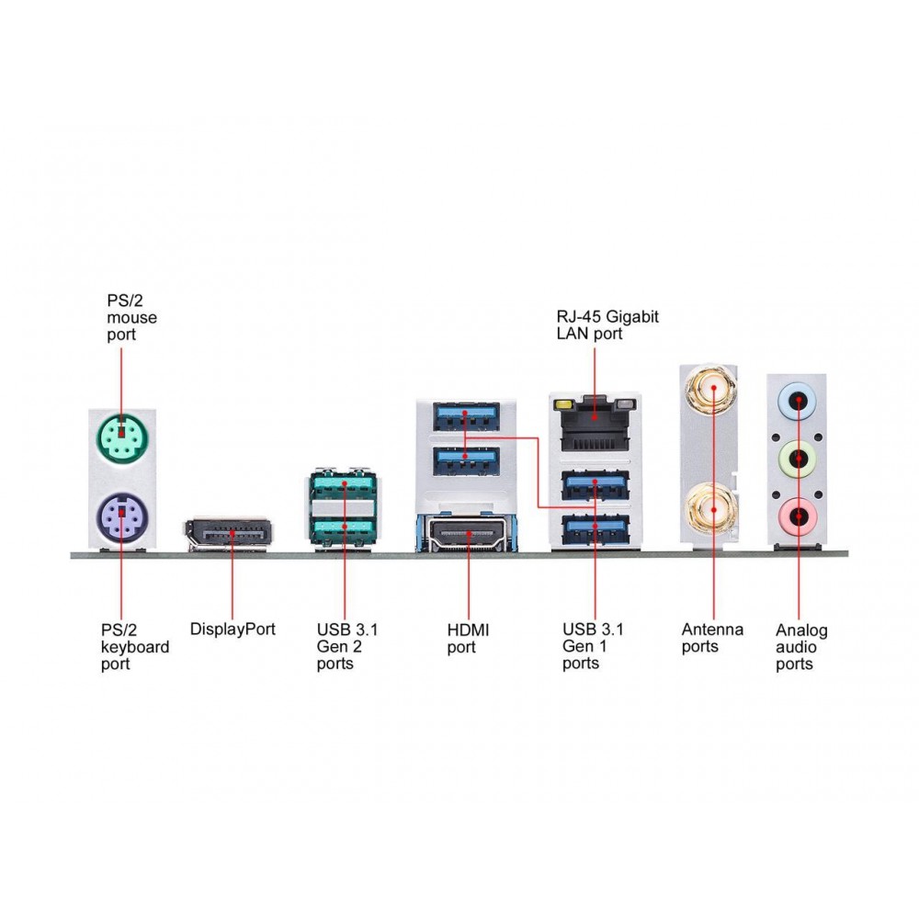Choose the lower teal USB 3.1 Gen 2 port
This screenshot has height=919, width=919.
(x=344, y=529)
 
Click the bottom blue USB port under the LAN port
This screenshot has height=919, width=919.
(x=595, y=528)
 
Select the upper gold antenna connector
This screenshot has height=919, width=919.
(x=711, y=390)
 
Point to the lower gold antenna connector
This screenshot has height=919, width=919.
(x=712, y=505)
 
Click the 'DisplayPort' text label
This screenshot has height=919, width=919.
(x=233, y=630)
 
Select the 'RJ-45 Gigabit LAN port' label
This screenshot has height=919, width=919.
(x=607, y=325)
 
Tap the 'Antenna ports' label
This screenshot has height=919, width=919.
(x=712, y=638)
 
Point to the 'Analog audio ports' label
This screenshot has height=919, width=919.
(x=801, y=647)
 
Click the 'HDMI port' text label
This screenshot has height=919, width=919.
(x=468, y=638)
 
